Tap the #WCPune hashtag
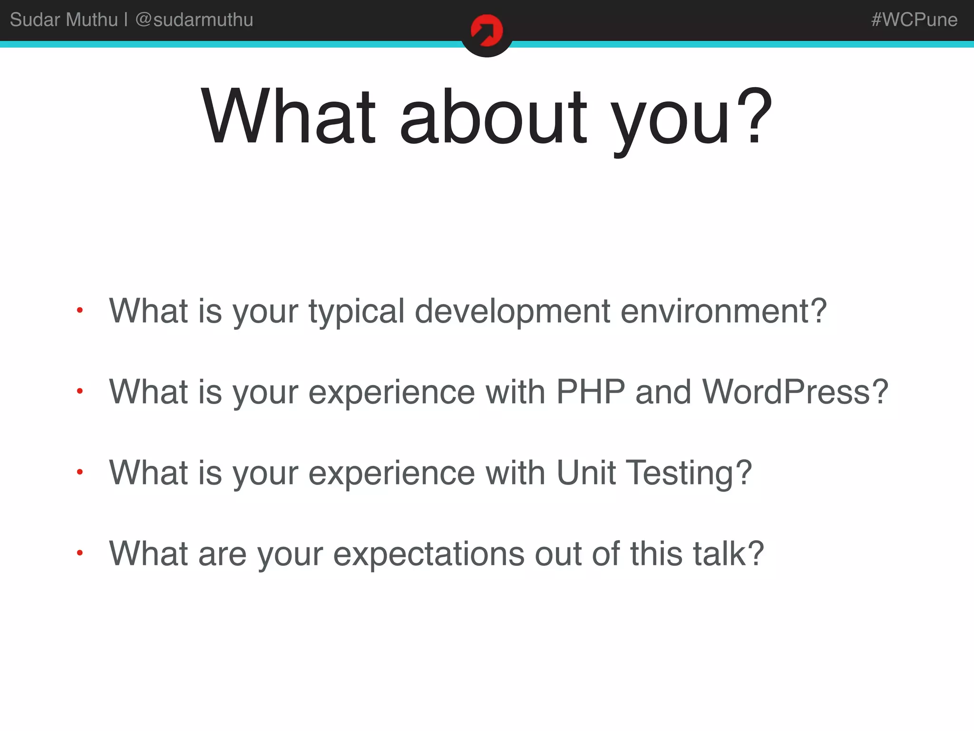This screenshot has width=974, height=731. [x=914, y=20]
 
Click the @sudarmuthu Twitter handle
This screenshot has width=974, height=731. [x=194, y=20]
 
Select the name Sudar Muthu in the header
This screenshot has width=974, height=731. [x=64, y=20]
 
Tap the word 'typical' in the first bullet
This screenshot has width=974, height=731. [x=356, y=312]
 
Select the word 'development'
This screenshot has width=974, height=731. [x=512, y=312]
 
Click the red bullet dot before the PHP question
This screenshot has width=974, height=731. [x=80, y=391]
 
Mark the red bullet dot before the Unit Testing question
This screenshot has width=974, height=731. [x=80, y=472]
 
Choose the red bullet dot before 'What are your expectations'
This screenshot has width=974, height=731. [x=80, y=553]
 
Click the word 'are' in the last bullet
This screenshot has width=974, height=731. [x=222, y=554]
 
